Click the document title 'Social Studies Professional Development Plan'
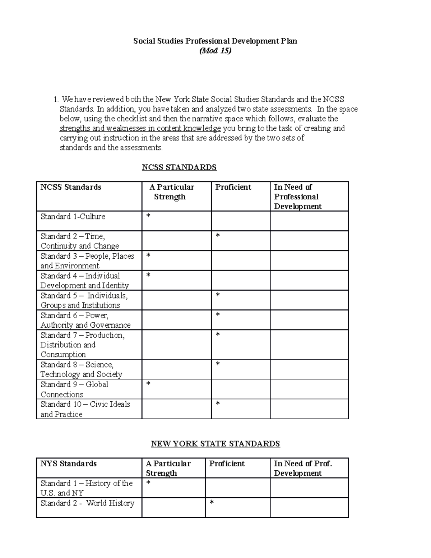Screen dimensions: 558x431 (215, 41)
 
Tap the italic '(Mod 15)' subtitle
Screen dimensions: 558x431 (215, 51)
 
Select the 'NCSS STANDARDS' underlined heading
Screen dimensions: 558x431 (179, 167)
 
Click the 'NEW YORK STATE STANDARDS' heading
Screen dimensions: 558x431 (215, 444)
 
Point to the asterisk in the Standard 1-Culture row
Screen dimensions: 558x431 (148, 216)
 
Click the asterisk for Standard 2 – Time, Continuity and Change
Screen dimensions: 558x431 (218, 236)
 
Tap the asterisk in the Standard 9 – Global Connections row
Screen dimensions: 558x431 (148, 384)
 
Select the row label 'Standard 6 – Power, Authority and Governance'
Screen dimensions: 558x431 (85, 320)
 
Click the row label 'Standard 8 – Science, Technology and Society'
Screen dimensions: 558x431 (82, 369)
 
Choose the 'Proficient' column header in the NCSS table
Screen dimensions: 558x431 (233, 187)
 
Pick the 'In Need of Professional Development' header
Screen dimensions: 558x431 (298, 197)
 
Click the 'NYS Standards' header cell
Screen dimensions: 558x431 (69, 464)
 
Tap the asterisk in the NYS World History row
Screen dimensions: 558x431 (212, 502)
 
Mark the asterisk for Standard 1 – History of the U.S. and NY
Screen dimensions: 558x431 (148, 483)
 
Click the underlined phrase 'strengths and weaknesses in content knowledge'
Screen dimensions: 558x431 (140, 129)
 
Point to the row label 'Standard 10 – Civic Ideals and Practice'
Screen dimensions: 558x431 (85, 409)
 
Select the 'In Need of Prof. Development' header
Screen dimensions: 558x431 (303, 468)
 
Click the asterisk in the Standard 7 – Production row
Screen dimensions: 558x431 (218, 335)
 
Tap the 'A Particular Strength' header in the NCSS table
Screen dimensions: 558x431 (172, 192)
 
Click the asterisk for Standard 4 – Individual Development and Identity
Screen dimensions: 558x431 (148, 275)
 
